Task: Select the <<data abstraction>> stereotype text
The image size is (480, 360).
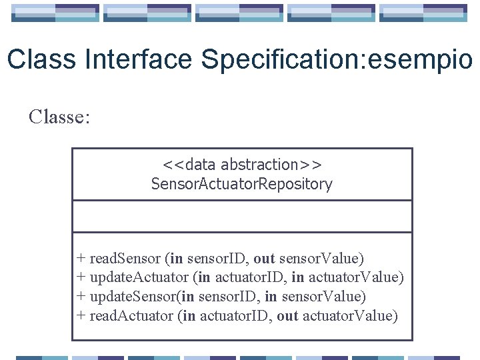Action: (x=242, y=165)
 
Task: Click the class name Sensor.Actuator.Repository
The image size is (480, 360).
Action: (x=242, y=184)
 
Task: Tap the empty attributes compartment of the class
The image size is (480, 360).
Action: (x=242, y=217)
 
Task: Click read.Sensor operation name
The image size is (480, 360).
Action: (x=125, y=258)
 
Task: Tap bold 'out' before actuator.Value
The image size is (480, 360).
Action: (x=287, y=315)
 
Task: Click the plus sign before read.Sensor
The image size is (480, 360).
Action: (x=81, y=258)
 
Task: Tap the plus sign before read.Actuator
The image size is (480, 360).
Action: (x=81, y=315)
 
